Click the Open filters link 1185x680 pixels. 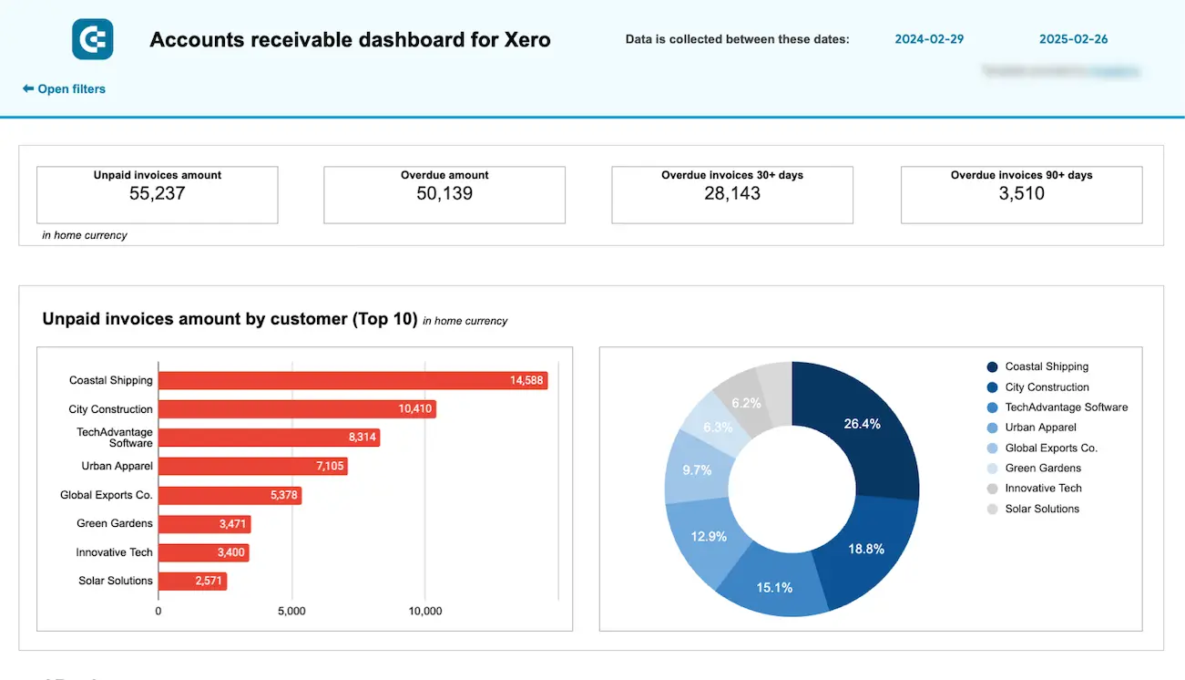pos(65,89)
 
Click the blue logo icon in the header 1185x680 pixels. pos(92,39)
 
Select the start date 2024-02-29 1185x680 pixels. pos(929,39)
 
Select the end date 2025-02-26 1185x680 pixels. pos(1073,39)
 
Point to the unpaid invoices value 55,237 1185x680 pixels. pos(157,193)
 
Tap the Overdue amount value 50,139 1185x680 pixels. pos(444,193)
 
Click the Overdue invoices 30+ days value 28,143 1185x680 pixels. pos(732,193)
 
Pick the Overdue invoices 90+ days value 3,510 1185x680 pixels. pos(1021,193)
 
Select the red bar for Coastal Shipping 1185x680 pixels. pos(352,381)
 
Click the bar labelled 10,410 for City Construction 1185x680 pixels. pos(297,409)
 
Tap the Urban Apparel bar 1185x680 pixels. pos(252,467)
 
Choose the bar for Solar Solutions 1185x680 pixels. pos(192,581)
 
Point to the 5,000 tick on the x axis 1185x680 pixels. pos(291,611)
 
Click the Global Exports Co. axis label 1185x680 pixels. pos(107,496)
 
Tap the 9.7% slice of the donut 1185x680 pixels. pos(696,469)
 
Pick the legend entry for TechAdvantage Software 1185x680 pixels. pos(1066,407)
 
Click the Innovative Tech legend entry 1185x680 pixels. pos(1043,489)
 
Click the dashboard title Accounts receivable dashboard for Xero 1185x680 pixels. pos(350,39)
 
